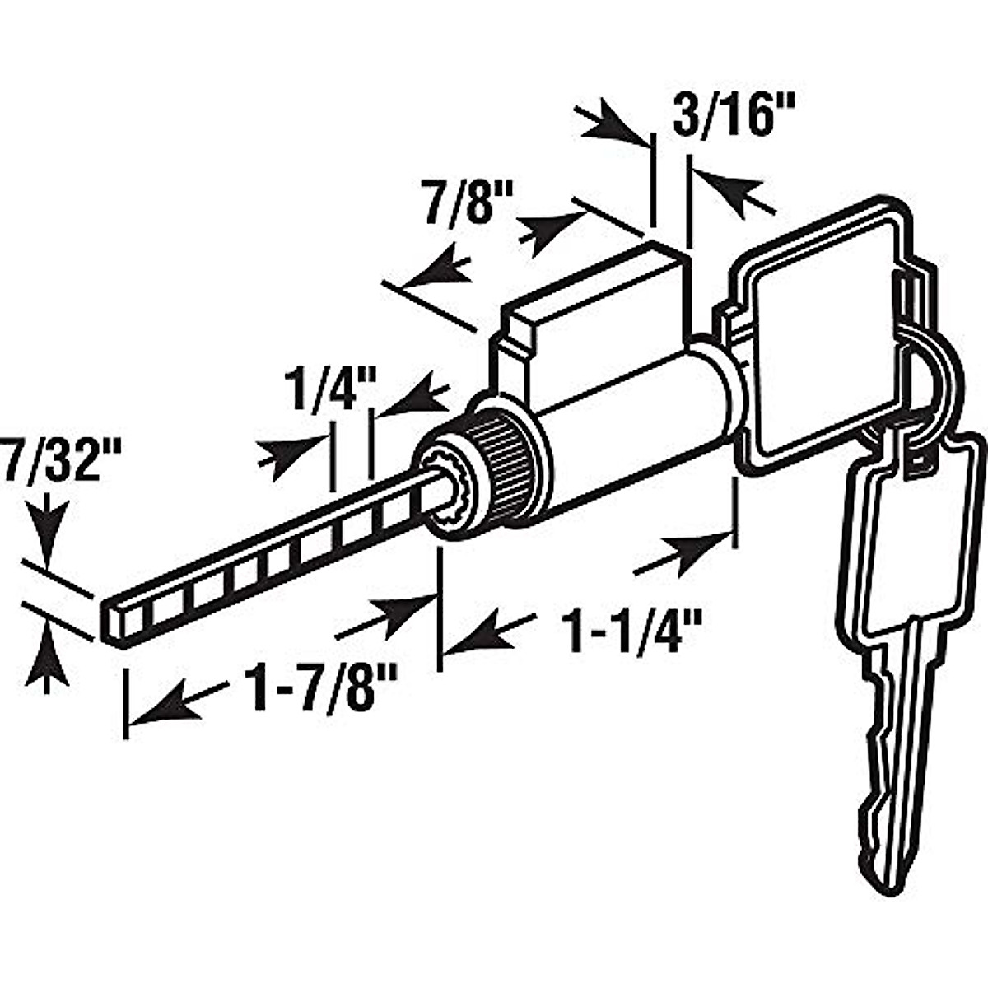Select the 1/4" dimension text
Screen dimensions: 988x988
click(330, 387)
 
